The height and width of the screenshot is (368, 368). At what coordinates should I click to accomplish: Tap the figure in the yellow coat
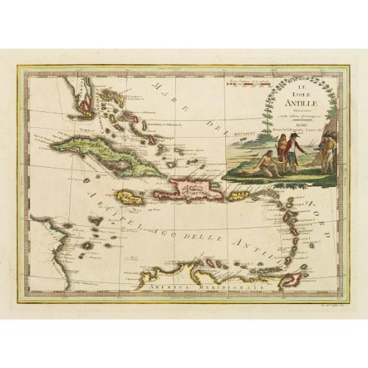[x=327, y=150]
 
